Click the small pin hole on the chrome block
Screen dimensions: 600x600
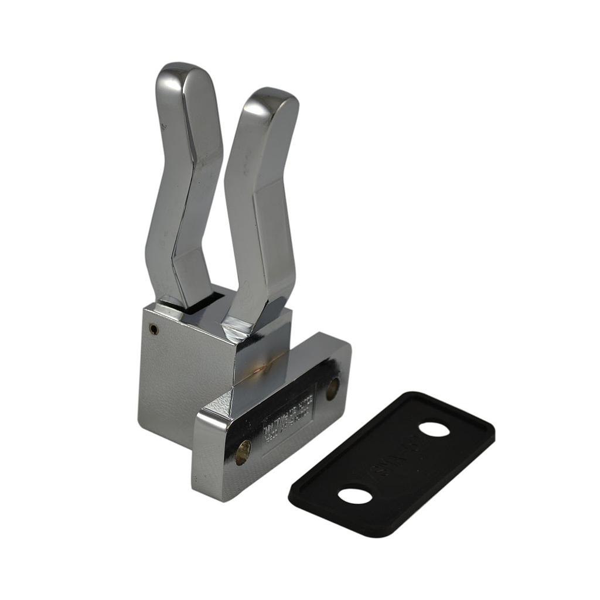click(x=154, y=329)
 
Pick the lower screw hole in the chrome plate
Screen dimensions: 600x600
click(x=243, y=452)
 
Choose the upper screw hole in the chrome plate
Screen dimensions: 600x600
click(x=332, y=388)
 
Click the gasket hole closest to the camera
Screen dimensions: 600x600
click(x=354, y=496)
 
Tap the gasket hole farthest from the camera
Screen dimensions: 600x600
click(x=434, y=429)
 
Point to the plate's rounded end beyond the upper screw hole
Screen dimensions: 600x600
click(x=343, y=357)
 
